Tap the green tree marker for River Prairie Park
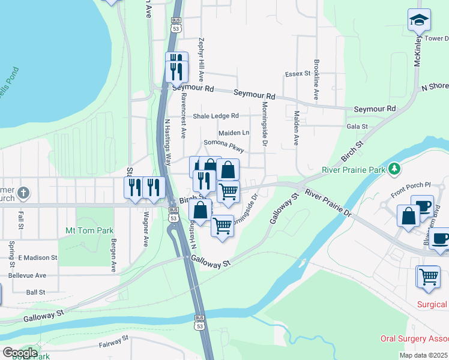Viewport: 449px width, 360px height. [x=394, y=170]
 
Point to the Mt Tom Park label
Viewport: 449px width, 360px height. [x=85, y=230]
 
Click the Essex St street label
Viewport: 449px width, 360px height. [x=297, y=74]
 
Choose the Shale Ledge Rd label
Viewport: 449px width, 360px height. [x=215, y=116]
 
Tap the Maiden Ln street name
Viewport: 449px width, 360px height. [x=234, y=133]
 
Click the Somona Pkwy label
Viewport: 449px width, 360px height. [x=224, y=144]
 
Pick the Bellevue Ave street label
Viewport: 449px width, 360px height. [x=28, y=275]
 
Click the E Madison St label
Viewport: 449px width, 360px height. [x=37, y=257]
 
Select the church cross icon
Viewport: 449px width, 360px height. [x=23, y=193]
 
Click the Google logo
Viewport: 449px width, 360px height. [x=20, y=353]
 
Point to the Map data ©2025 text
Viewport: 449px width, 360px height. [x=423, y=355]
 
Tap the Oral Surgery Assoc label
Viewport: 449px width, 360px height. [x=414, y=339]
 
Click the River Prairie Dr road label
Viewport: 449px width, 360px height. [x=328, y=202]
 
